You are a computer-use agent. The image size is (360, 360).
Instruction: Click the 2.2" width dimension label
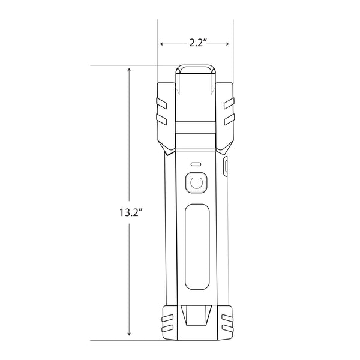click(195, 43)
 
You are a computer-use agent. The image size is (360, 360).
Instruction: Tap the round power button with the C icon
click(195, 182)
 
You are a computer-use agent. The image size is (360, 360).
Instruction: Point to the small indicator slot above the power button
click(195, 164)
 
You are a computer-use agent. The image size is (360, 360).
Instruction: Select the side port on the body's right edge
click(226, 167)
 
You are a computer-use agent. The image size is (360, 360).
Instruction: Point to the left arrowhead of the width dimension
click(163, 43)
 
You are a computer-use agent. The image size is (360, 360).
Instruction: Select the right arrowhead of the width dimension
click(227, 43)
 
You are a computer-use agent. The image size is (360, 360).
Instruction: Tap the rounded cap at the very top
click(195, 71)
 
